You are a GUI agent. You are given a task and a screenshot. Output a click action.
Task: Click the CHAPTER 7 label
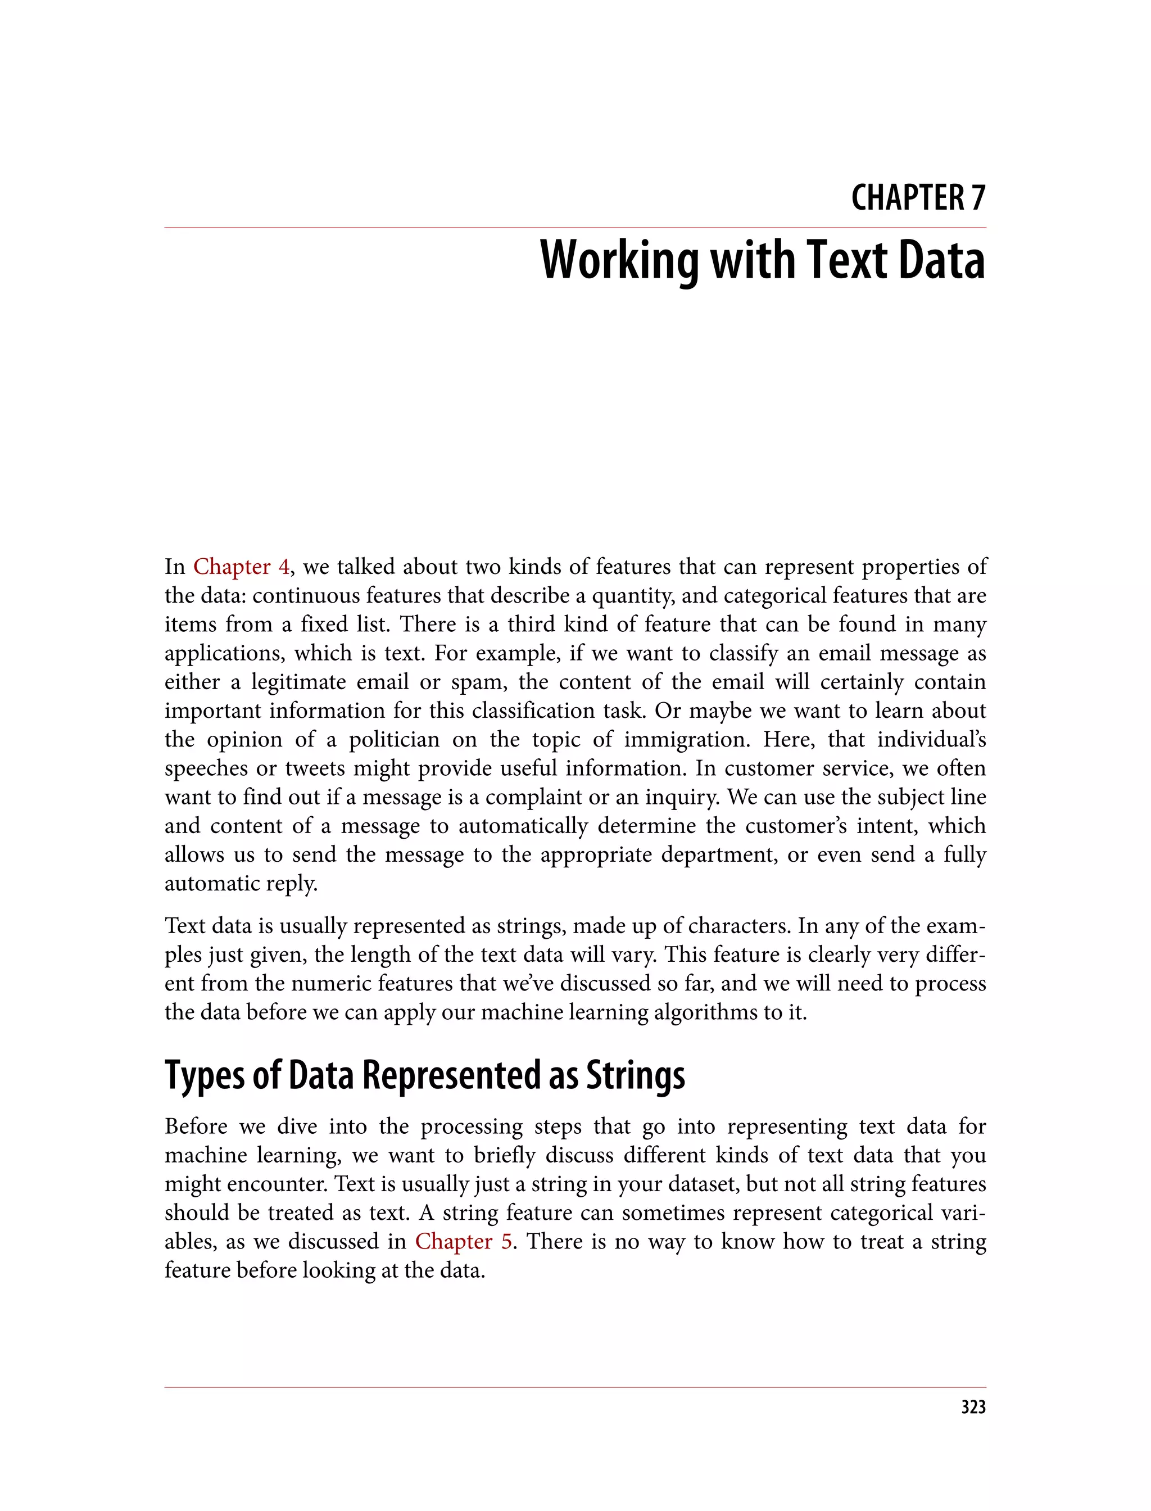(x=918, y=198)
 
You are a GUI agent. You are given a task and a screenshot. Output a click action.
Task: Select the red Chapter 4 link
(x=241, y=567)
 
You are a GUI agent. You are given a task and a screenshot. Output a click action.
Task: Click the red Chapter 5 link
(x=464, y=1241)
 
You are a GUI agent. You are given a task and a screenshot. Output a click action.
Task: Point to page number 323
(x=973, y=1407)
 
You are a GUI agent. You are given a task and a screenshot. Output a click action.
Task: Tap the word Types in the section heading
(x=204, y=1076)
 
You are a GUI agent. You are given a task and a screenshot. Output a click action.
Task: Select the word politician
(x=394, y=739)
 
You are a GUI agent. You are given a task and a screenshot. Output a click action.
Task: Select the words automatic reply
(x=241, y=883)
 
